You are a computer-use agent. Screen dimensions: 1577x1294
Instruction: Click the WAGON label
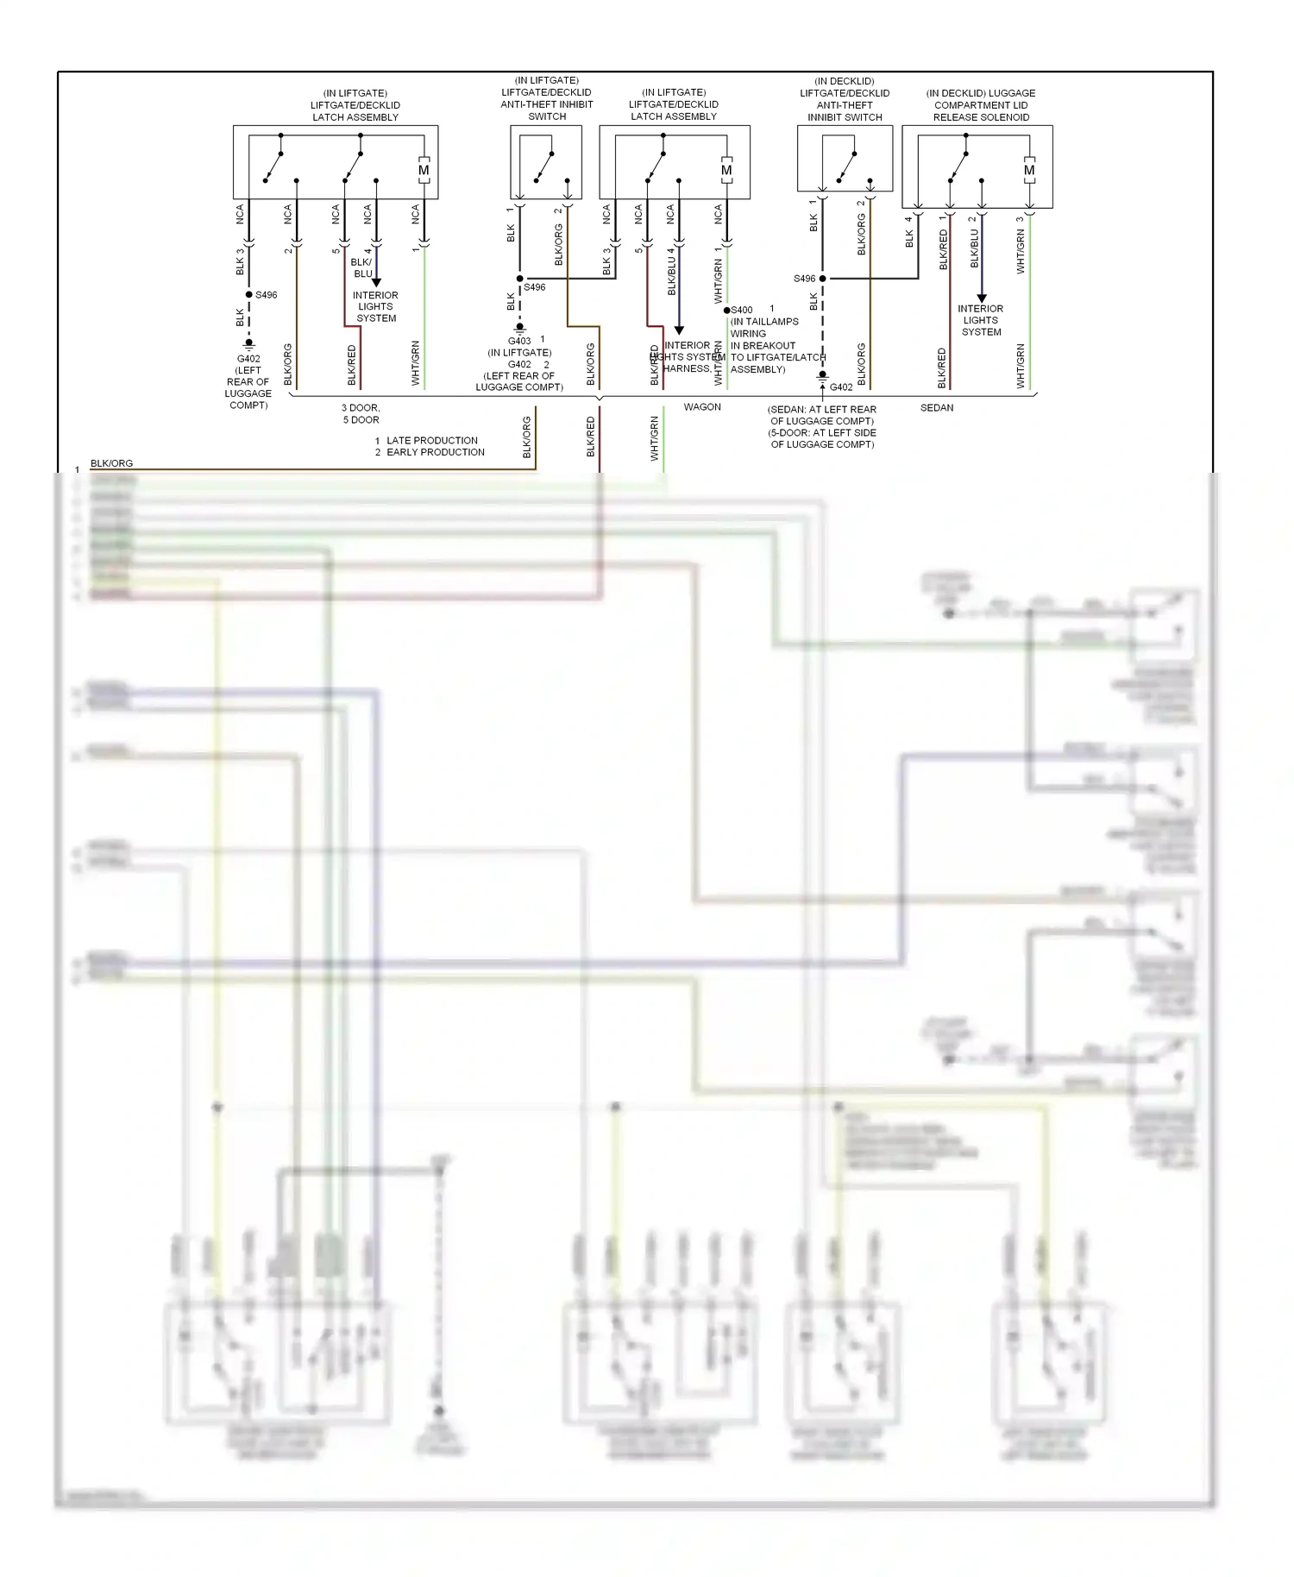702,407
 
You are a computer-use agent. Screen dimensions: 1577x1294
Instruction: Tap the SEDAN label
937,408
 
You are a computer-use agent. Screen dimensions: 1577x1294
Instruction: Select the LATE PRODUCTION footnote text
431,441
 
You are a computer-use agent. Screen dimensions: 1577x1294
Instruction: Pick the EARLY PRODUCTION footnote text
435,453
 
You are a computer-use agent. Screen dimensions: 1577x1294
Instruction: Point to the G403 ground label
519,342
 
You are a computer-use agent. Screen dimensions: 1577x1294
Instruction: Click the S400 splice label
742,311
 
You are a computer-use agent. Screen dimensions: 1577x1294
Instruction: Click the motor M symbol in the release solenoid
1029,171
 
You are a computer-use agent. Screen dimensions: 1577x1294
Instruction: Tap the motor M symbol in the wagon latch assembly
726,171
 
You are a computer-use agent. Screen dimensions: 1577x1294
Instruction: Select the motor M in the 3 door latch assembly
424,171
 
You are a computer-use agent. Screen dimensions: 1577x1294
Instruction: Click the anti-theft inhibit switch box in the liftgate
546,162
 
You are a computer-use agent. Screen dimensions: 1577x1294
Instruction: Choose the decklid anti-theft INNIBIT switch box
845,159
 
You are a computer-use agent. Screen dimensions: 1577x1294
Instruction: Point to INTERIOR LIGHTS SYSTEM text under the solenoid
981,320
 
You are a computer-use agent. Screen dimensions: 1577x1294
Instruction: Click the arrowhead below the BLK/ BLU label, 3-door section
376,283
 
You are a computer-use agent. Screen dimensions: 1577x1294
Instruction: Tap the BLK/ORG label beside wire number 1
112,464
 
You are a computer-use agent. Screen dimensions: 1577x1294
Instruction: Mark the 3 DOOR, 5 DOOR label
361,414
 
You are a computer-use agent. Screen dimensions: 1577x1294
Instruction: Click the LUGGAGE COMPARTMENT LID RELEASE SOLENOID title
981,105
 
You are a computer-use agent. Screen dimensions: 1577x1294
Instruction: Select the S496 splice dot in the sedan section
822,279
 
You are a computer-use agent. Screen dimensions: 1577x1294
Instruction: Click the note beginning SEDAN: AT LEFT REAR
822,427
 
